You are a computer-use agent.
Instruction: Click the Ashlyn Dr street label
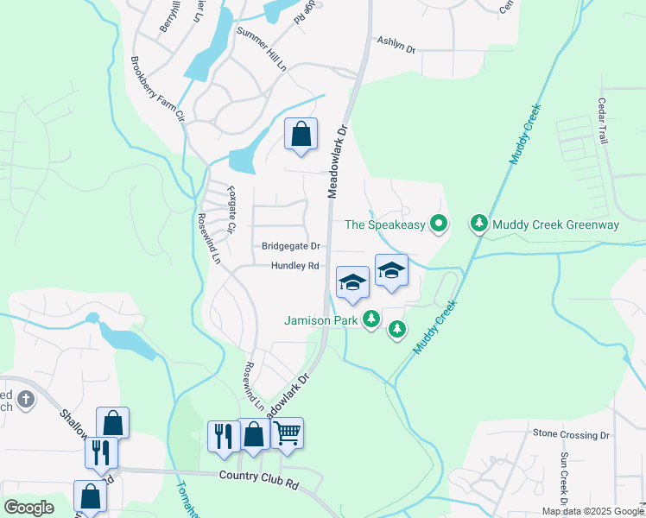pyautogui.click(x=396, y=45)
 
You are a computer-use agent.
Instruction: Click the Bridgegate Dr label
pyautogui.click(x=291, y=246)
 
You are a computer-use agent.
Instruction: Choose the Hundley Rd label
pyautogui.click(x=294, y=267)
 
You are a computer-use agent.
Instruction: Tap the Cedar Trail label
pyautogui.click(x=604, y=120)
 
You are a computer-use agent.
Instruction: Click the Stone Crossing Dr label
pyautogui.click(x=571, y=434)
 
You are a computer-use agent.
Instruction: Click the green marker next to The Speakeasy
pyautogui.click(x=439, y=225)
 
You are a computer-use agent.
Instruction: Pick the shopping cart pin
pyautogui.click(x=287, y=433)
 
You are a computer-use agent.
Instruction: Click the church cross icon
pyautogui.click(x=26, y=399)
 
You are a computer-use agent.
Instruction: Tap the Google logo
pyautogui.click(x=28, y=508)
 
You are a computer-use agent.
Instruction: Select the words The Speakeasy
pyautogui.click(x=385, y=225)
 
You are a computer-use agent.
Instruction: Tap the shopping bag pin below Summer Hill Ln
pyautogui.click(x=301, y=135)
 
